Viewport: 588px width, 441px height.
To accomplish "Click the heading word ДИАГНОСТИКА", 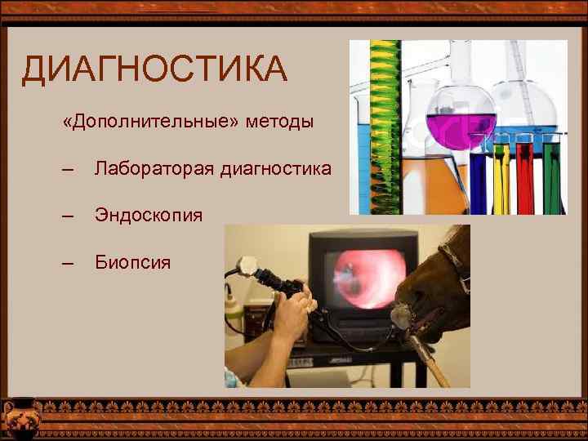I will [x=154, y=70].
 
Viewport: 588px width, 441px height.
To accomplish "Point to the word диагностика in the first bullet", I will [x=276, y=169].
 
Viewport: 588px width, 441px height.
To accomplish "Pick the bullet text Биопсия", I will [x=132, y=262].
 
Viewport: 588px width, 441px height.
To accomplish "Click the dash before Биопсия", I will [x=68, y=262].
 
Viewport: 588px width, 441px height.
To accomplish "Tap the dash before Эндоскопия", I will [x=68, y=216].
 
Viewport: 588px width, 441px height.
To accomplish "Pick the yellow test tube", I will [x=501, y=176].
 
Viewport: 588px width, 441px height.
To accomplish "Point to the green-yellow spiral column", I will [x=377, y=122].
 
